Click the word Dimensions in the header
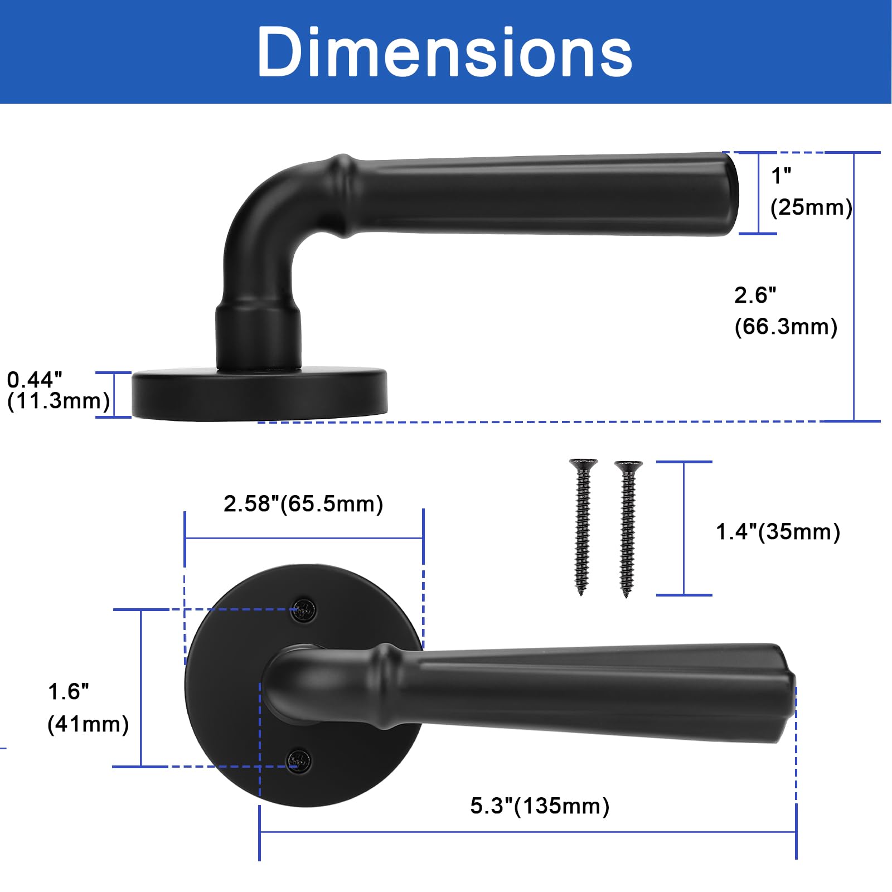[x=444, y=52]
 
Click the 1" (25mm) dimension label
[x=810, y=192]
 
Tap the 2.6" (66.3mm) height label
[x=785, y=311]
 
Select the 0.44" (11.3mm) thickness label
[x=57, y=391]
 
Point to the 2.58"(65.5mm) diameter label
[x=303, y=504]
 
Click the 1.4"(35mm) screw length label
[x=778, y=532]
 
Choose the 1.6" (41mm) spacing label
[x=88, y=708]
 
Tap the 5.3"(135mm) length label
[x=540, y=806]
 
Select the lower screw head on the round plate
[x=299, y=761]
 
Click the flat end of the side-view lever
[x=731, y=194]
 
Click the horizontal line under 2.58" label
[x=304, y=539]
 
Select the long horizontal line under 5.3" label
[x=527, y=832]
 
